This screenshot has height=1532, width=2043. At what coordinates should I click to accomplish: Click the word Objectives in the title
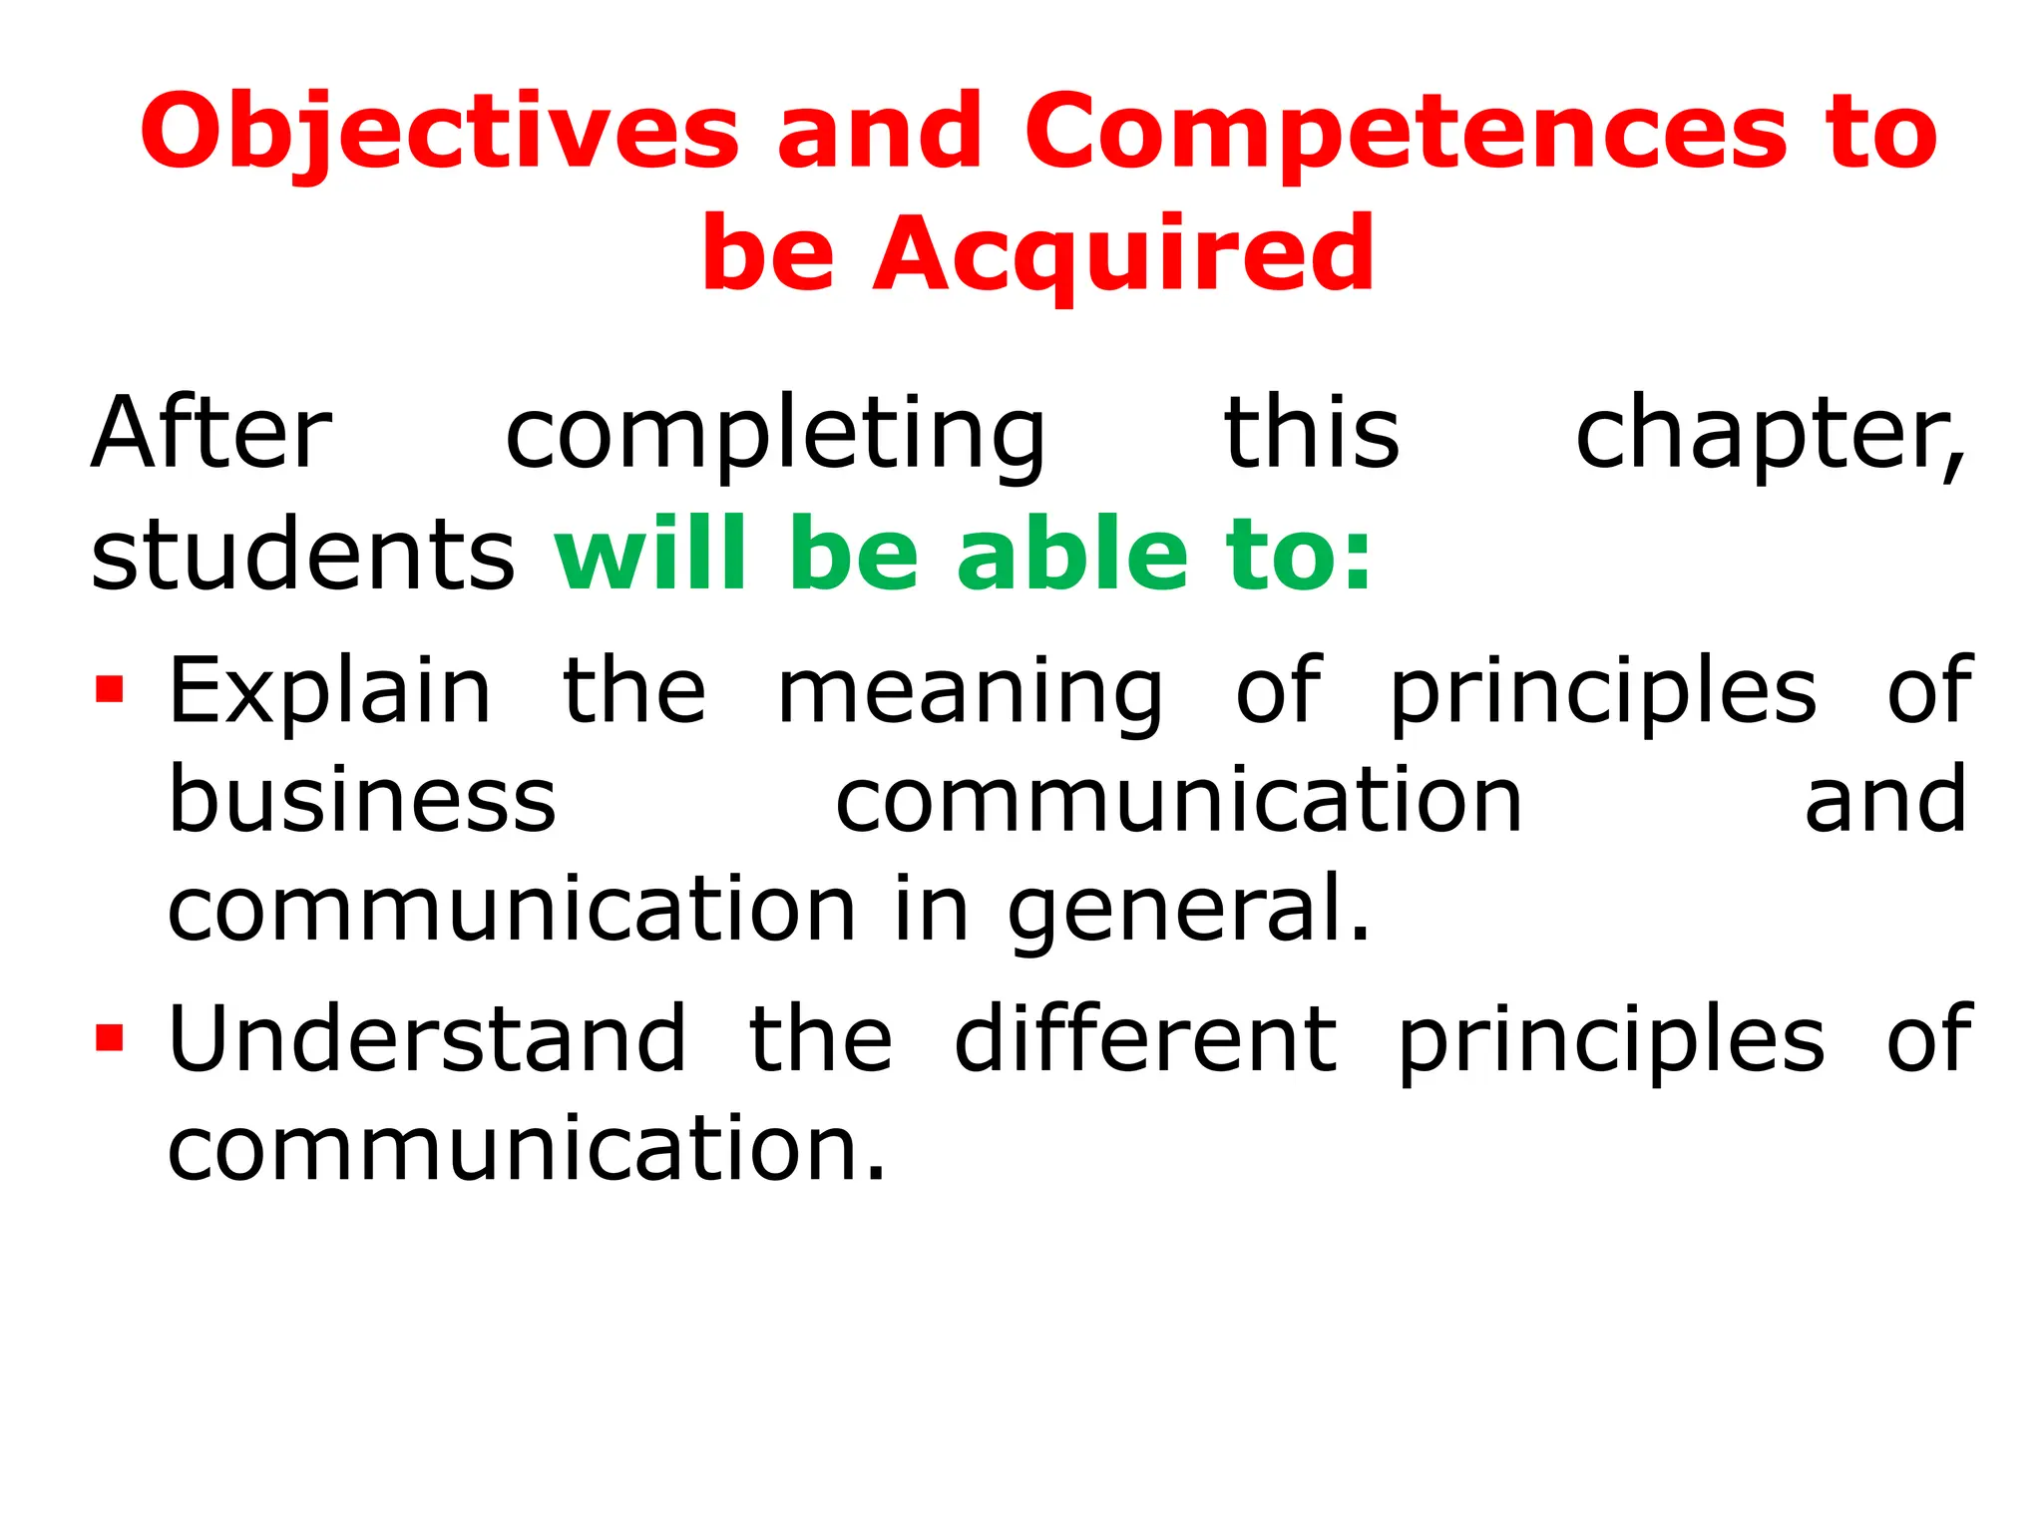(439, 133)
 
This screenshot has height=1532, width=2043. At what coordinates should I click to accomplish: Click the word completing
(776, 435)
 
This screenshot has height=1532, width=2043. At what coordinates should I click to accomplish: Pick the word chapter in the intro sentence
(1768, 435)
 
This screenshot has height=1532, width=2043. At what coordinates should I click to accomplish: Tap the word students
(302, 555)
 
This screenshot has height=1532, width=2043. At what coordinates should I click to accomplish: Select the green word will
(650, 555)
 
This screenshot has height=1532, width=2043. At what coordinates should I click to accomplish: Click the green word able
(1072, 555)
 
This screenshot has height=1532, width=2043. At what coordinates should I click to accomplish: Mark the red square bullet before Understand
(110, 1038)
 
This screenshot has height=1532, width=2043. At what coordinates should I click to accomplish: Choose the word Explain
(330, 692)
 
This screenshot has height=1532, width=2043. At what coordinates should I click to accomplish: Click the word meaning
(970, 692)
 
